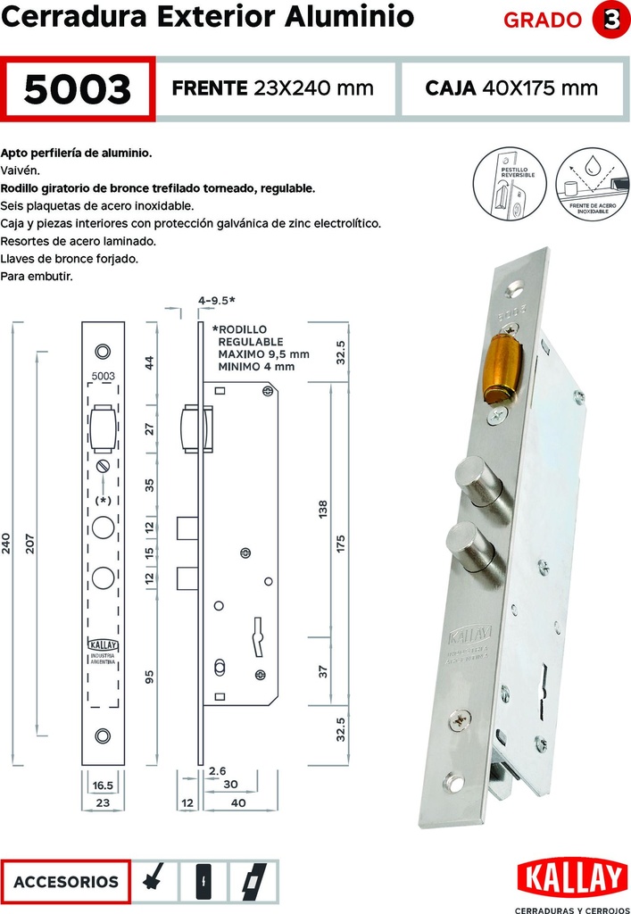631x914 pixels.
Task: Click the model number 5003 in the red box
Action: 79,88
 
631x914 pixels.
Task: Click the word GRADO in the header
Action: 542,21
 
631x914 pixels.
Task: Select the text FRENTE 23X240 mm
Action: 271,87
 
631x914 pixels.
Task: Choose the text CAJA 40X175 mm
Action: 511,87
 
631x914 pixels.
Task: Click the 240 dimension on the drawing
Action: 8,545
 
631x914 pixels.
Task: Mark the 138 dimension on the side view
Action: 323,508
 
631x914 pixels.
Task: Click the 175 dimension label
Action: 340,545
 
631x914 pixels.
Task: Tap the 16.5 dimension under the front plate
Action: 103,785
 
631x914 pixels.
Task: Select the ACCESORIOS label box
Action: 66,881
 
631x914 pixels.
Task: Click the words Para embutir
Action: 37,277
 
